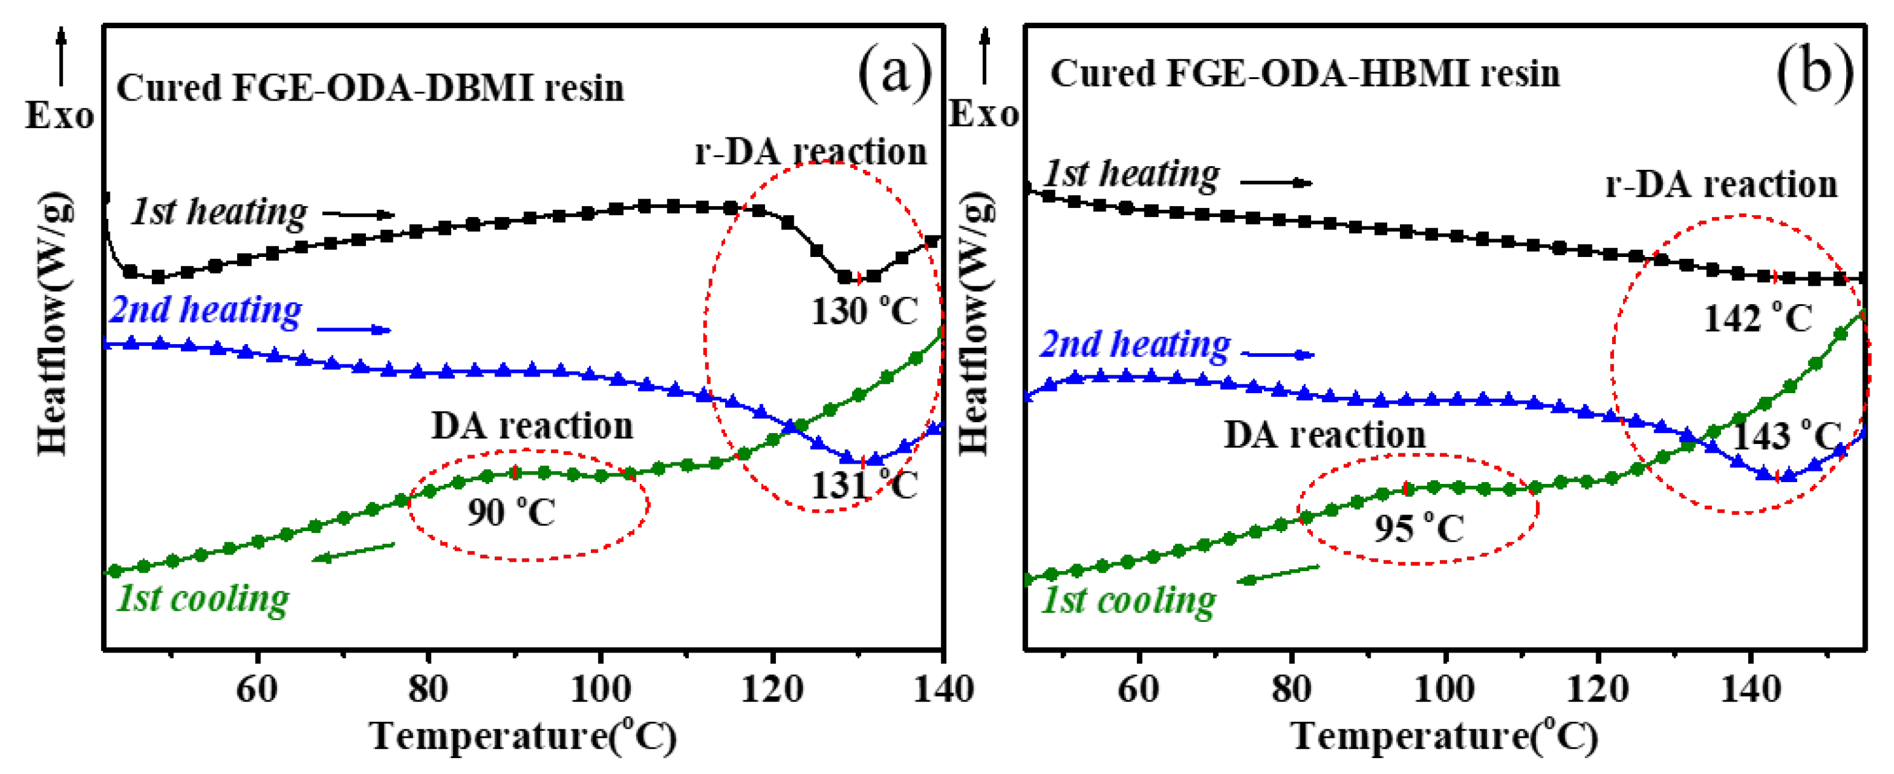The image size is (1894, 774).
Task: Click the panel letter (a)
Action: tap(895, 74)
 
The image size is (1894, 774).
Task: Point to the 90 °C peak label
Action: tap(512, 512)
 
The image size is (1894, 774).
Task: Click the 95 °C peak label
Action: tap(1419, 528)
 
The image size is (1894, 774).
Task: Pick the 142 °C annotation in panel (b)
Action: tap(1758, 318)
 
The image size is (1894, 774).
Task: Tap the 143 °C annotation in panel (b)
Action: tap(1787, 435)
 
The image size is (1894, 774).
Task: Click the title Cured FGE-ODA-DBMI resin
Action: tap(370, 88)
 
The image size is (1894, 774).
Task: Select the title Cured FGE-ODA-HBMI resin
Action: tap(1304, 74)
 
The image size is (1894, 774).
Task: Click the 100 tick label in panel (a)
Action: tap(601, 689)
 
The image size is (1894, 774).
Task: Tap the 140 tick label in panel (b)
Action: tap(1751, 689)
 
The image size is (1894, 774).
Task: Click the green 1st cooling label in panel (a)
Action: tap(203, 599)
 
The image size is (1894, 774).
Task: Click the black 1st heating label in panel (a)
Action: tap(219, 212)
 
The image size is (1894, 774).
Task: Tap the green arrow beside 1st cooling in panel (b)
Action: tap(1278, 574)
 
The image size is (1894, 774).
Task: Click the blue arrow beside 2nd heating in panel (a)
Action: tap(354, 329)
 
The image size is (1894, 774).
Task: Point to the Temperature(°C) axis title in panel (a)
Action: tap(523, 736)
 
